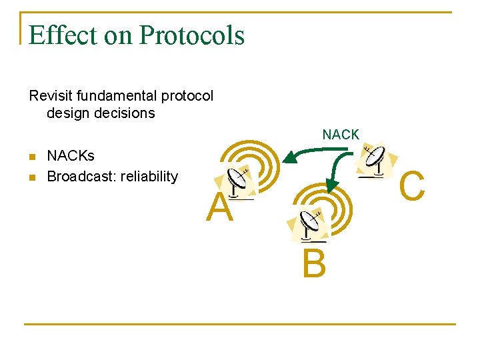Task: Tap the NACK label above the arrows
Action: [x=341, y=135]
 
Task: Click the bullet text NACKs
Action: [x=71, y=156]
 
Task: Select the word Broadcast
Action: [x=81, y=177]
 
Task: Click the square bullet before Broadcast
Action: [x=32, y=177]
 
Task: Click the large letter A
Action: [x=219, y=208]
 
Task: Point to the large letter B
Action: [x=314, y=265]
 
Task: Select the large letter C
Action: [x=413, y=185]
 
